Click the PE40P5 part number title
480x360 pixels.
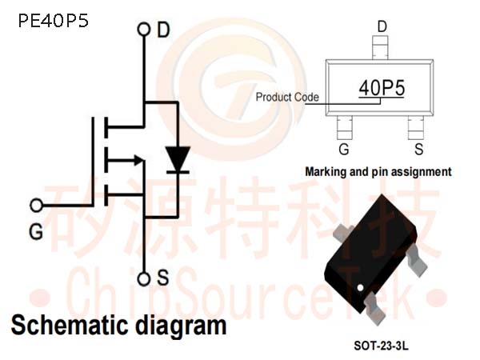[54, 21]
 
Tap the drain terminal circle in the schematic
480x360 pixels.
[144, 30]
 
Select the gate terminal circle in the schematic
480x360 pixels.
[37, 205]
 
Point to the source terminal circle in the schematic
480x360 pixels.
[144, 279]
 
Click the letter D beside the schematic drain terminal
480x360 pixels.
[163, 30]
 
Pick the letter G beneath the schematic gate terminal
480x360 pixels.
[36, 232]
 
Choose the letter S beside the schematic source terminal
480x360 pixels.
[162, 278]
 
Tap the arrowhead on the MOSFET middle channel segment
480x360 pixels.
[138, 160]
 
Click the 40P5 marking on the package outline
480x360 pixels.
[382, 88]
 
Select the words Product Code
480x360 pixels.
[287, 97]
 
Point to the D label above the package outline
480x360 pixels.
[382, 27]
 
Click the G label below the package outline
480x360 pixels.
[344, 149]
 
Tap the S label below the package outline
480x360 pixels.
[418, 149]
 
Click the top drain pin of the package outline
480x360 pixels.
[380, 47]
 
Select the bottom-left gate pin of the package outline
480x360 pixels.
[344, 128]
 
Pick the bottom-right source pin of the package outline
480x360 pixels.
[416, 128]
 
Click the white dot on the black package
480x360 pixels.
[360, 288]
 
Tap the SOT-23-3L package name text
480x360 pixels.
[381, 346]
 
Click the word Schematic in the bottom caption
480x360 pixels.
[69, 326]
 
